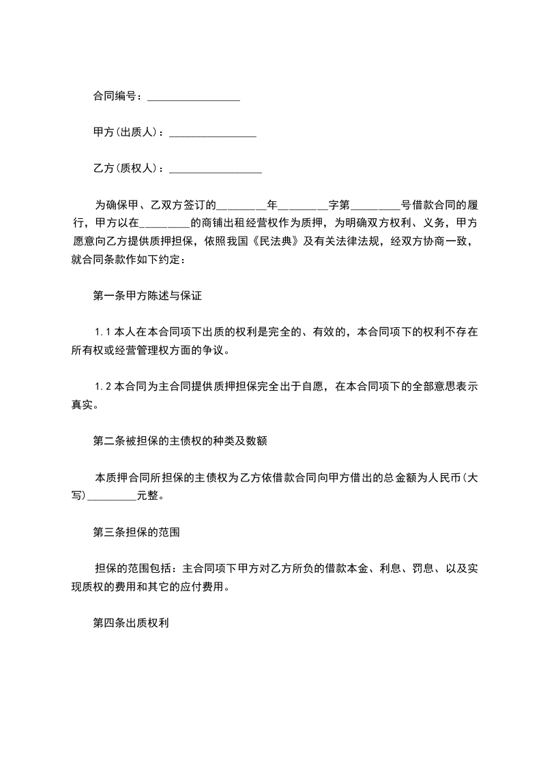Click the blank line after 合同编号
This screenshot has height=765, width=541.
(193, 98)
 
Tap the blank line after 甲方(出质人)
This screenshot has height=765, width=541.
(212, 134)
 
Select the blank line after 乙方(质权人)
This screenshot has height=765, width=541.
(215, 170)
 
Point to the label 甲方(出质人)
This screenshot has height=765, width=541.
(127, 133)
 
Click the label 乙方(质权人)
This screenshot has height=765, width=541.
(127, 168)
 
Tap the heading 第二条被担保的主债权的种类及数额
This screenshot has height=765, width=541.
(179, 441)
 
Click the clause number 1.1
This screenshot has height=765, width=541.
(103, 333)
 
